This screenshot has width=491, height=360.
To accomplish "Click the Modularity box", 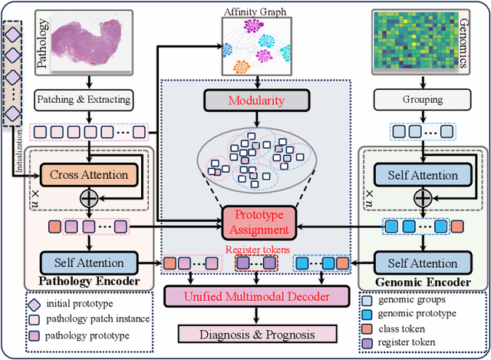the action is [x=257, y=101].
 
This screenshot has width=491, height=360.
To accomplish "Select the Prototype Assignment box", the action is [x=259, y=223].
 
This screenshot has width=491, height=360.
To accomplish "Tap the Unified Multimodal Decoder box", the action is [x=257, y=296].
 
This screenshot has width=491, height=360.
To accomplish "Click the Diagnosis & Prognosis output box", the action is [x=258, y=334].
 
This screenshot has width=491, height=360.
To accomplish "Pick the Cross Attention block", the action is [x=89, y=175].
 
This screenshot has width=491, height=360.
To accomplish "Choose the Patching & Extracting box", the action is [x=84, y=100].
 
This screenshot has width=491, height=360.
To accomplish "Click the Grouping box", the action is [x=423, y=100].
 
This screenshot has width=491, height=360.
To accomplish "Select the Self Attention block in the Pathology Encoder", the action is [x=89, y=263].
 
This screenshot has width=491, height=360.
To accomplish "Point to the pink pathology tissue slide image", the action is [x=87, y=41].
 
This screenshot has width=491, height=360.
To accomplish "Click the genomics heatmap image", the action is [x=416, y=40].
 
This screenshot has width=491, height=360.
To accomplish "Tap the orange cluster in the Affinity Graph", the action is [x=242, y=67].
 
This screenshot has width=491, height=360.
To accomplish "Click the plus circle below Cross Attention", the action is [x=89, y=198].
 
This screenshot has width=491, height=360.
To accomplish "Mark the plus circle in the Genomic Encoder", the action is [x=423, y=198].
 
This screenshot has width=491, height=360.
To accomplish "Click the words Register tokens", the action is [x=258, y=249].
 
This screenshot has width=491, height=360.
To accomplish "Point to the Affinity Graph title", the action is [x=255, y=12].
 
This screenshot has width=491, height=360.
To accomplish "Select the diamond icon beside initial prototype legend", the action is [x=34, y=305].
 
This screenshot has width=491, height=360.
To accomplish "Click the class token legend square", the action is [x=367, y=329].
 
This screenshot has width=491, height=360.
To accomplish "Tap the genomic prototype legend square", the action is [x=367, y=314].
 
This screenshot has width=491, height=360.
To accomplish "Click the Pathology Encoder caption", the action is [x=89, y=281].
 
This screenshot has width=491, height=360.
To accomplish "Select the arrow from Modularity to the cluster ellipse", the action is [x=257, y=119].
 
